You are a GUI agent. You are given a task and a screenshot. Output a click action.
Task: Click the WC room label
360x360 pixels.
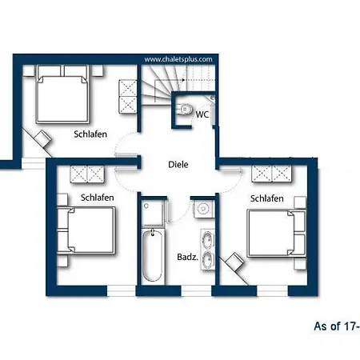(x=202, y=114)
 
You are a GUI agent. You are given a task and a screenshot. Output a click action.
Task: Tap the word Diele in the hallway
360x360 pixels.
(x=178, y=164)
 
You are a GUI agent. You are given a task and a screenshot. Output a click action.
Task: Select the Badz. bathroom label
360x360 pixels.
(x=187, y=257)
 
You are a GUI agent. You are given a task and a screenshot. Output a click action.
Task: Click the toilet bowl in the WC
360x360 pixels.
(x=186, y=109)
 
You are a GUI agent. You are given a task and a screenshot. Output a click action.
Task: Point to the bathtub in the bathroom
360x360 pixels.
(x=152, y=256)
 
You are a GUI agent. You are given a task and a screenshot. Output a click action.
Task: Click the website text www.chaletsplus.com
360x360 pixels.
(x=178, y=59)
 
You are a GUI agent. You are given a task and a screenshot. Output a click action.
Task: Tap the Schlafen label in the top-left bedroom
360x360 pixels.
(x=90, y=134)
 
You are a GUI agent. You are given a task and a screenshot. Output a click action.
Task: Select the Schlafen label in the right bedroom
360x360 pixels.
(x=266, y=198)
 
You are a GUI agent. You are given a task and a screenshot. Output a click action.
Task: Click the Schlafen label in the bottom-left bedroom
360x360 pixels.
(x=98, y=198)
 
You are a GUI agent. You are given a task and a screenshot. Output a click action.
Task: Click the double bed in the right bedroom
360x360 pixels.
(x=277, y=234)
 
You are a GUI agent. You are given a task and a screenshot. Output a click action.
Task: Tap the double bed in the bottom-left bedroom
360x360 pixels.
(x=86, y=230)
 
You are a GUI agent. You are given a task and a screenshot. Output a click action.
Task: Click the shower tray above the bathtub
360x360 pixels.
(x=152, y=213)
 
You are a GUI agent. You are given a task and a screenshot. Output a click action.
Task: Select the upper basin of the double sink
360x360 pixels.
(x=208, y=239)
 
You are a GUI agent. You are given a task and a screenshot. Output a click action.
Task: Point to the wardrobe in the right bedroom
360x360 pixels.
(x=271, y=174)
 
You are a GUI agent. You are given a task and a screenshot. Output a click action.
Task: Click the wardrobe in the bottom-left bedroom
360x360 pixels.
(x=87, y=174)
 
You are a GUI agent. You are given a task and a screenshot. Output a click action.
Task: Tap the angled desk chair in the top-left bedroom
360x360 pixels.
(x=42, y=138)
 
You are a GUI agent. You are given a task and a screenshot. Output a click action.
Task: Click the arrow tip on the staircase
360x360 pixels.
(x=185, y=80)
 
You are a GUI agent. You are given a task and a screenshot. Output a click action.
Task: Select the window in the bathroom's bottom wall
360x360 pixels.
(x=196, y=290)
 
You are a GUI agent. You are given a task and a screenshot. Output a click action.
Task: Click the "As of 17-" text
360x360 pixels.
(x=337, y=326)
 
